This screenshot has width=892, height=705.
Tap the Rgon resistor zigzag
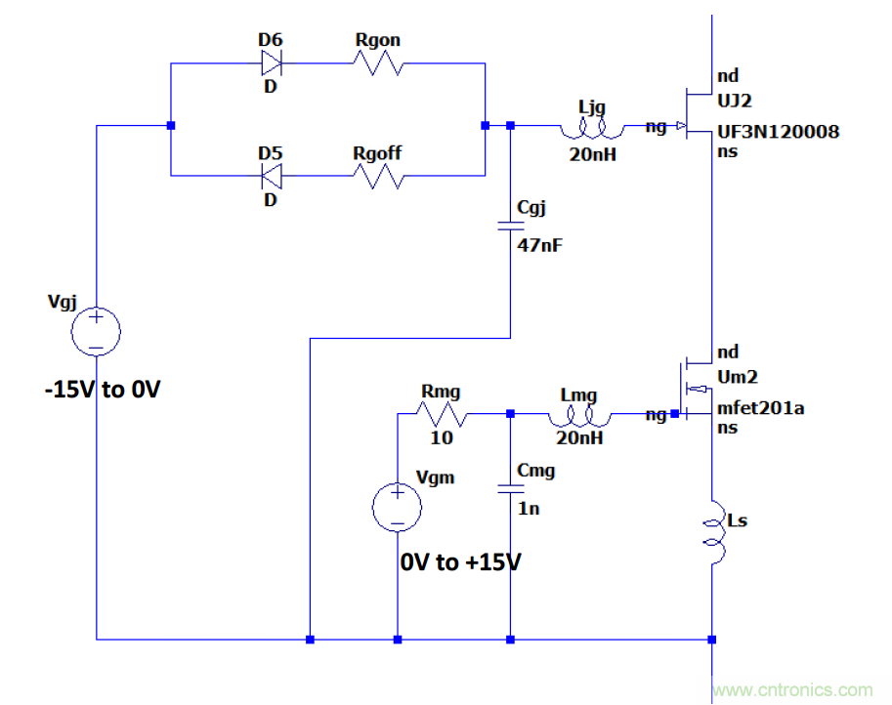[x=378, y=64]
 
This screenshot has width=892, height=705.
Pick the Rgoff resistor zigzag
[x=378, y=177]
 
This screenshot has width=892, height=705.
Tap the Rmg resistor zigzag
[x=442, y=415]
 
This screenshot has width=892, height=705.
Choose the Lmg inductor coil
[x=583, y=417]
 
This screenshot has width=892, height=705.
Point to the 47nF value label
[x=540, y=244]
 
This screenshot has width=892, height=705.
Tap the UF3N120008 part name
[x=778, y=132]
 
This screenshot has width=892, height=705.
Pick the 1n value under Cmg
[x=529, y=509]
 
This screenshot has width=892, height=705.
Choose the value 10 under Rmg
[x=442, y=437]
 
